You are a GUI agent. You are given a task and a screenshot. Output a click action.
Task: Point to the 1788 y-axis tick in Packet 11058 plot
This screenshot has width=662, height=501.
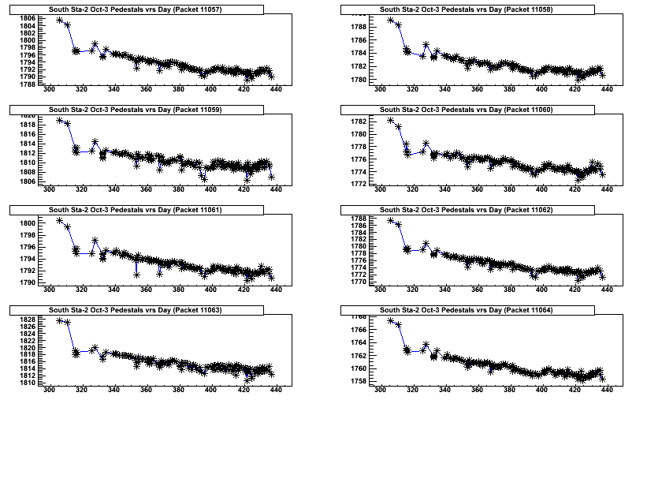(x=357, y=27)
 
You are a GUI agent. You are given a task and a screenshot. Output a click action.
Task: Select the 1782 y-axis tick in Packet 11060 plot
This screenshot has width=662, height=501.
(x=357, y=122)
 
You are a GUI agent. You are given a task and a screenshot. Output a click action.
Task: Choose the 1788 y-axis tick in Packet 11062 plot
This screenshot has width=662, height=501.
(x=357, y=219)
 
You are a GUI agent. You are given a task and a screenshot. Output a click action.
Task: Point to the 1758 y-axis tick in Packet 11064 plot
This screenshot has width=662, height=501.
(x=357, y=381)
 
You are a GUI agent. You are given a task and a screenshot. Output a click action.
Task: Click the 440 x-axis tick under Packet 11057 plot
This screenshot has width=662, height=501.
(x=275, y=90)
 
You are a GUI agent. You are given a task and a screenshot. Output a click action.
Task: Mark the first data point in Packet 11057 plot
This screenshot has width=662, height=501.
(x=60, y=20)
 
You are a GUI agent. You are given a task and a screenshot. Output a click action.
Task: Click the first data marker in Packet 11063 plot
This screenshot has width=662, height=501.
(x=60, y=320)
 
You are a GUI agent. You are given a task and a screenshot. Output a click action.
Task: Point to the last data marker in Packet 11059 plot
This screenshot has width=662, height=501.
(x=271, y=177)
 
